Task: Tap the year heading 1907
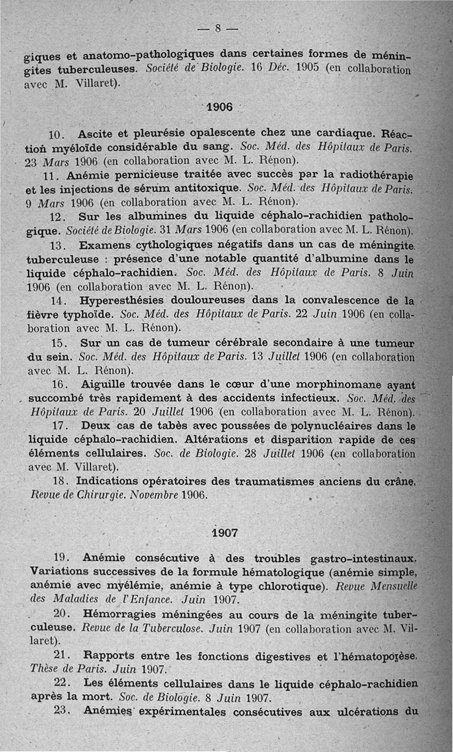[x=225, y=532]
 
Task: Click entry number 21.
[x=60, y=657]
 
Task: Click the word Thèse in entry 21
[x=44, y=669]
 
